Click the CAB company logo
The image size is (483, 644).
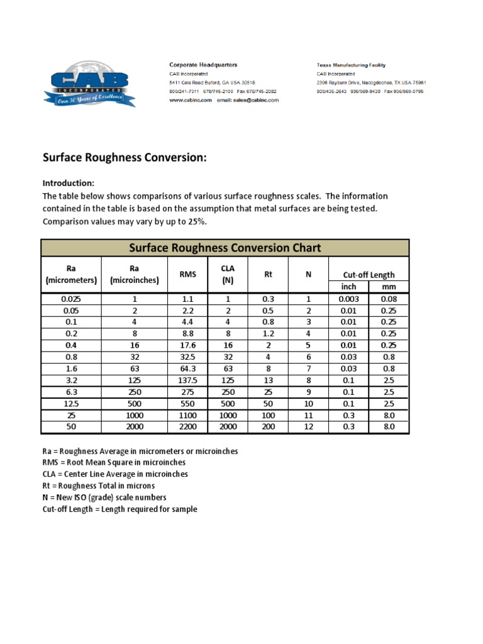[89, 84]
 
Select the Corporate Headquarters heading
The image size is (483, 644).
[203, 65]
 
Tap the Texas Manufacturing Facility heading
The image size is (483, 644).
[351, 65]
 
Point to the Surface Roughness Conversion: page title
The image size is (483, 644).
[125, 158]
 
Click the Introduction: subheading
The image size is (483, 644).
[69, 183]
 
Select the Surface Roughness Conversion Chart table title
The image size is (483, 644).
[225, 248]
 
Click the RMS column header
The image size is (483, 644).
[187, 274]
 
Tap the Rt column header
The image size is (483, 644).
[268, 274]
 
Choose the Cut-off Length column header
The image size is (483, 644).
[369, 274]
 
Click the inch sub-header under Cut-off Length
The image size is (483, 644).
[348, 287]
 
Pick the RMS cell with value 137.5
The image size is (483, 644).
[187, 380]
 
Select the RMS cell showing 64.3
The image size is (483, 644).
[187, 369]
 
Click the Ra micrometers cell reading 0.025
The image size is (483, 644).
[71, 299]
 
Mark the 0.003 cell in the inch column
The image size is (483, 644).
[348, 299]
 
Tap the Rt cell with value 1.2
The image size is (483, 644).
[268, 334]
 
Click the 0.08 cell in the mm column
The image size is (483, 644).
[389, 299]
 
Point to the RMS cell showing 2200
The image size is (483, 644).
[187, 426]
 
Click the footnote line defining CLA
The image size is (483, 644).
[115, 474]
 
